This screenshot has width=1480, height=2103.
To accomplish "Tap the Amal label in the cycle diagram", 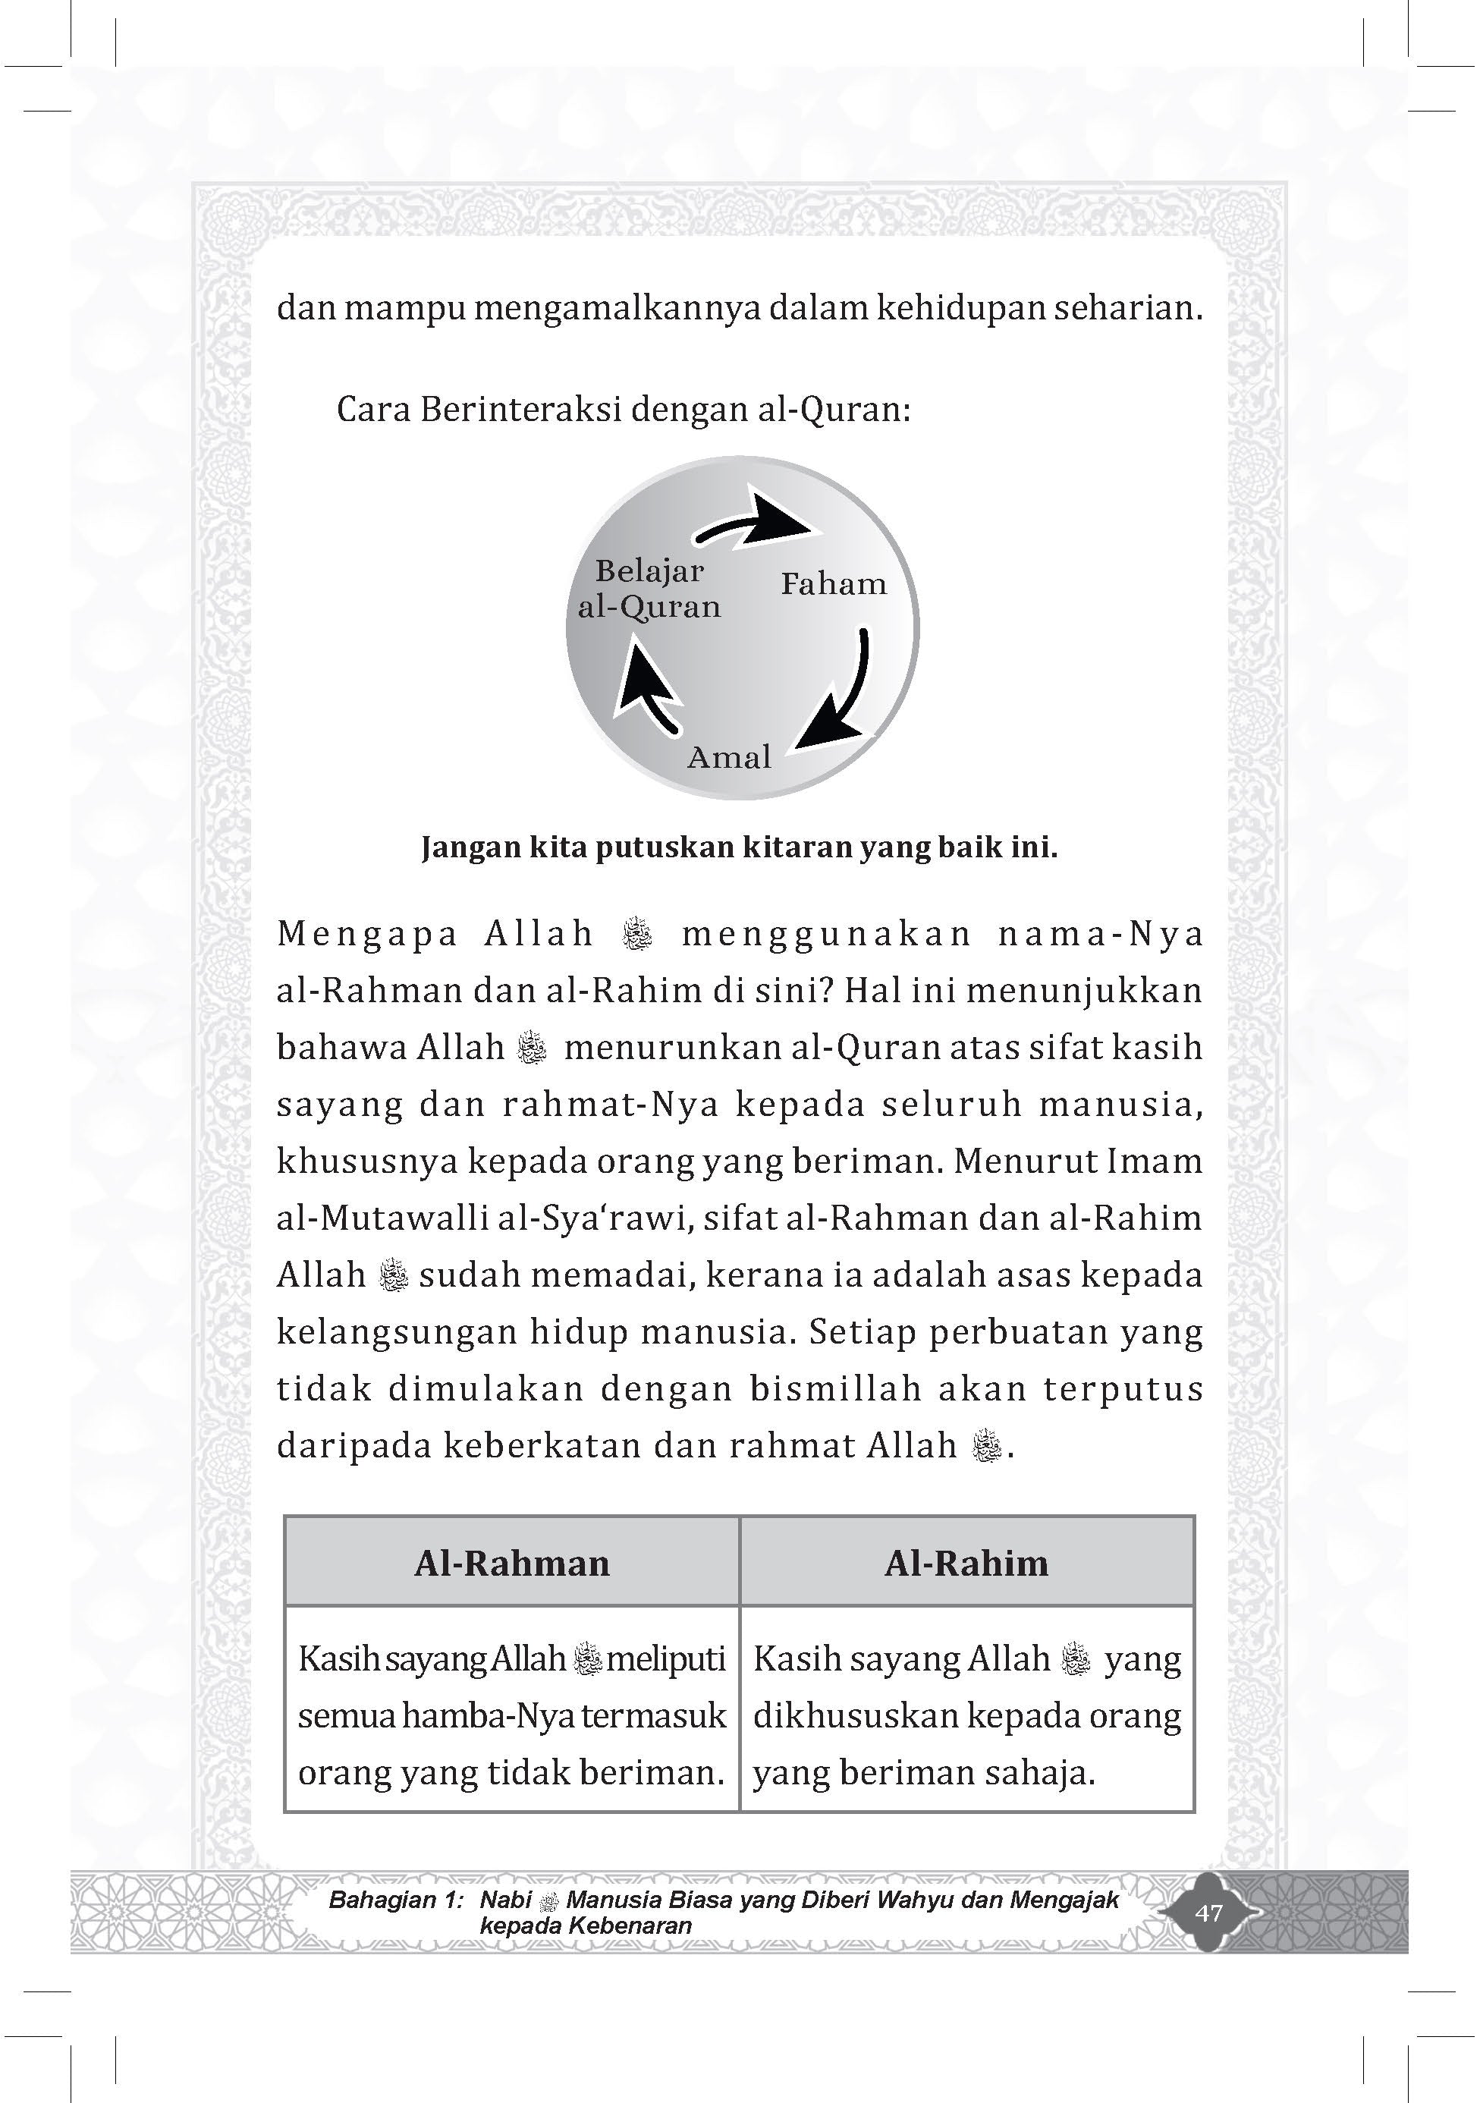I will tap(729, 757).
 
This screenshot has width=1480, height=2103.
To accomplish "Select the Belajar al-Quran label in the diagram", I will tap(649, 589).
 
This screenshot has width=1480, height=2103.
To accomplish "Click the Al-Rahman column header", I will tap(511, 1563).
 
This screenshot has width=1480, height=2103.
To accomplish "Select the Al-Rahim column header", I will tap(966, 1563).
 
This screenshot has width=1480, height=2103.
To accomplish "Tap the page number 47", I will tap(1209, 1913).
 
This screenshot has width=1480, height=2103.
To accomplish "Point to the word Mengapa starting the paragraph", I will tap(366, 933).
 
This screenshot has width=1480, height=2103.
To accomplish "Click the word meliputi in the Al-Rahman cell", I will tap(666, 1658).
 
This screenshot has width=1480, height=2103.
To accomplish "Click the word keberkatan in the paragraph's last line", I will tap(539, 1445).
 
